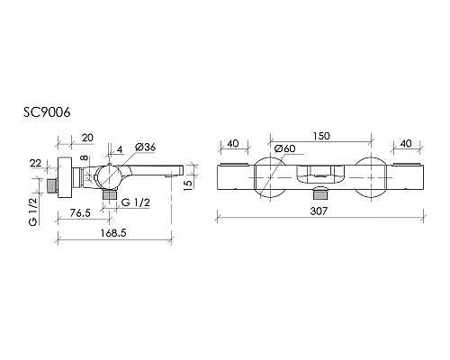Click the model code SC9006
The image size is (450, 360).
(x=47, y=112)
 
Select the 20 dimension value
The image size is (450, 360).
(x=87, y=138)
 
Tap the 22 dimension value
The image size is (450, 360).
(x=35, y=163)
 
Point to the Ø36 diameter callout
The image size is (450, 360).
(x=145, y=148)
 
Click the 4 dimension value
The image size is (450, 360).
(x=120, y=149)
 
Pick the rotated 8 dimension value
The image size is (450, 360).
(x=85, y=157)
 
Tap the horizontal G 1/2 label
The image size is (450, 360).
(x=135, y=202)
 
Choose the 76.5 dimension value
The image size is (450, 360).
(x=80, y=213)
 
